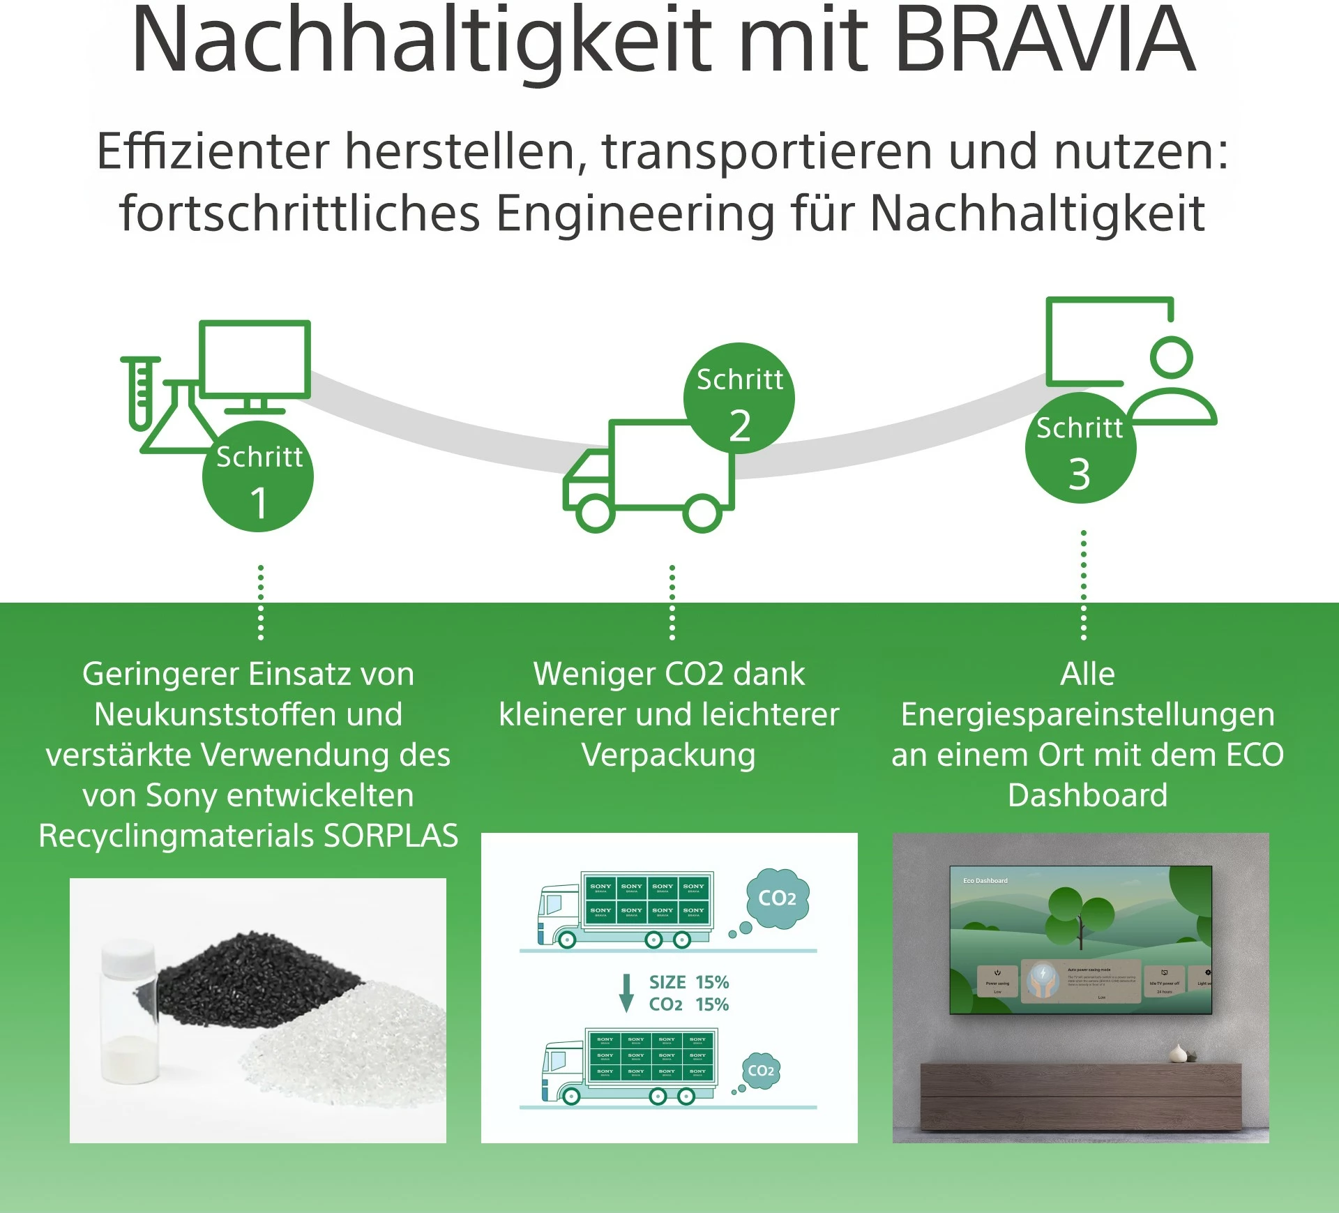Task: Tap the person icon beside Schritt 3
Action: [x=1172, y=384]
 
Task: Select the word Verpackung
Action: [x=669, y=755]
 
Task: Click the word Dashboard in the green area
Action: [x=1087, y=795]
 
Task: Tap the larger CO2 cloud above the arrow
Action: [x=777, y=898]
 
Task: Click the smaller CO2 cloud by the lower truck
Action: [x=760, y=1071]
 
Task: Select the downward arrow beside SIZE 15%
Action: [x=626, y=993]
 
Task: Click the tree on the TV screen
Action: [x=1080, y=914]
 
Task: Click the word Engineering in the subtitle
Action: [x=635, y=213]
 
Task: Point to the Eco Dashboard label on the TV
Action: [x=985, y=881]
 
